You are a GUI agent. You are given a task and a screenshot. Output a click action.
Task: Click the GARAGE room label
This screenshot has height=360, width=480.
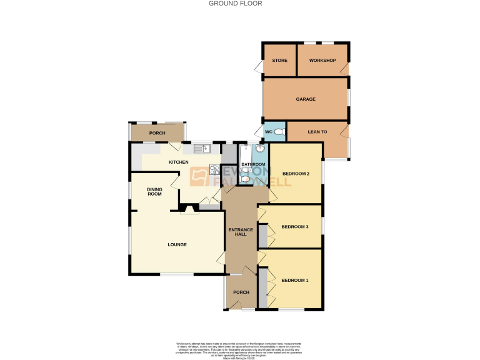click(x=306, y=99)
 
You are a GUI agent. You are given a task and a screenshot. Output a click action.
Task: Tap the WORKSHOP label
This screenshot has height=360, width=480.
click(x=322, y=61)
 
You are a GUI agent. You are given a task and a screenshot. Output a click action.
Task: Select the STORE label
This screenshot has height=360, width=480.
click(x=279, y=61)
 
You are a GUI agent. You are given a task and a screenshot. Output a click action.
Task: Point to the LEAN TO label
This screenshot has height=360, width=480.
click(x=316, y=132)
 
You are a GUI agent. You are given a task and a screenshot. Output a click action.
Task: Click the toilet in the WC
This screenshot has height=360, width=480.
click(x=279, y=132)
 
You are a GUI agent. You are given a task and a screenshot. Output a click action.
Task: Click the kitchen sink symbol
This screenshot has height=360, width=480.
click(x=202, y=148)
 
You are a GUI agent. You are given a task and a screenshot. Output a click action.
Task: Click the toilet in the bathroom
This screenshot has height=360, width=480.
click(x=246, y=180)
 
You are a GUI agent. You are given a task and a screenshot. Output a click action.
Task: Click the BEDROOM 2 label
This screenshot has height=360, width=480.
click(x=296, y=173)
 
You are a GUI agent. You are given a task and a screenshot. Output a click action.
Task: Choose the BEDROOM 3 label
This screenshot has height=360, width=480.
click(x=295, y=226)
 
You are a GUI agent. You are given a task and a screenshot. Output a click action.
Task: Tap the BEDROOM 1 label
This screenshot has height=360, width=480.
click(x=294, y=280)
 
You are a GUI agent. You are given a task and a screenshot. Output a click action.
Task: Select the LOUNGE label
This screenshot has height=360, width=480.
click(x=177, y=244)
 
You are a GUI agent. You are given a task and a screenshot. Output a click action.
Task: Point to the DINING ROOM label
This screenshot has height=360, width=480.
click(x=154, y=191)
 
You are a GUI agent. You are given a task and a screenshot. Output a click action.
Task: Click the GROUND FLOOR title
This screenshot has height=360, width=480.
click(x=239, y=4)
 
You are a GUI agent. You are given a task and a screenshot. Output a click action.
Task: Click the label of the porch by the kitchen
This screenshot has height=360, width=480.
click(x=157, y=133)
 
